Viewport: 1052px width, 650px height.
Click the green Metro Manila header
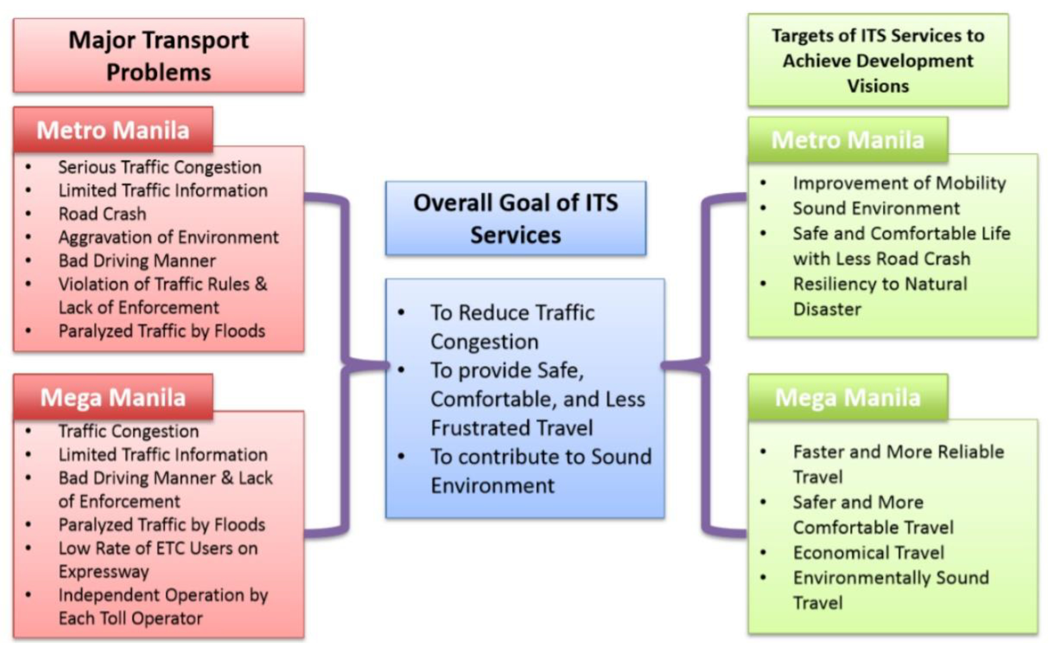coord(847,140)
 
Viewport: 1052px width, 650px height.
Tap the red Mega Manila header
coord(113,397)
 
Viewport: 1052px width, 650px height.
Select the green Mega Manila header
coord(847,397)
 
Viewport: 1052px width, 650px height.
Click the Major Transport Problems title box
coord(159,56)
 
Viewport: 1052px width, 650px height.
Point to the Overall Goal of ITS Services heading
coord(515,218)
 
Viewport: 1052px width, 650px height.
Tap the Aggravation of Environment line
coord(169,237)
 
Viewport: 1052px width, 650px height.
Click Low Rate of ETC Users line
coord(158,549)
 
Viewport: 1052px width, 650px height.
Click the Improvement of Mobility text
coord(899,183)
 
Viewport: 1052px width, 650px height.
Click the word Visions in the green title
coord(878,86)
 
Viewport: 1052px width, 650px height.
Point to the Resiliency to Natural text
coord(880,284)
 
